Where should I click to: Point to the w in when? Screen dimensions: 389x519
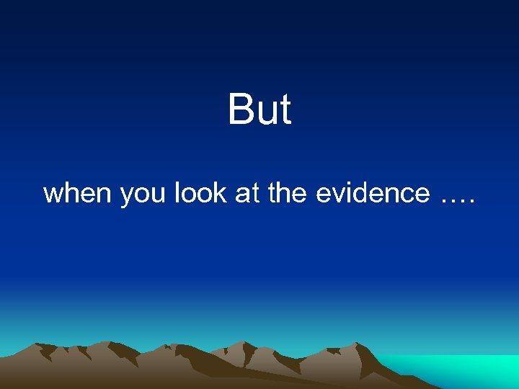pyautogui.click(x=53, y=194)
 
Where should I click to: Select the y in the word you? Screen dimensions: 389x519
pyautogui.click(x=126, y=196)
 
